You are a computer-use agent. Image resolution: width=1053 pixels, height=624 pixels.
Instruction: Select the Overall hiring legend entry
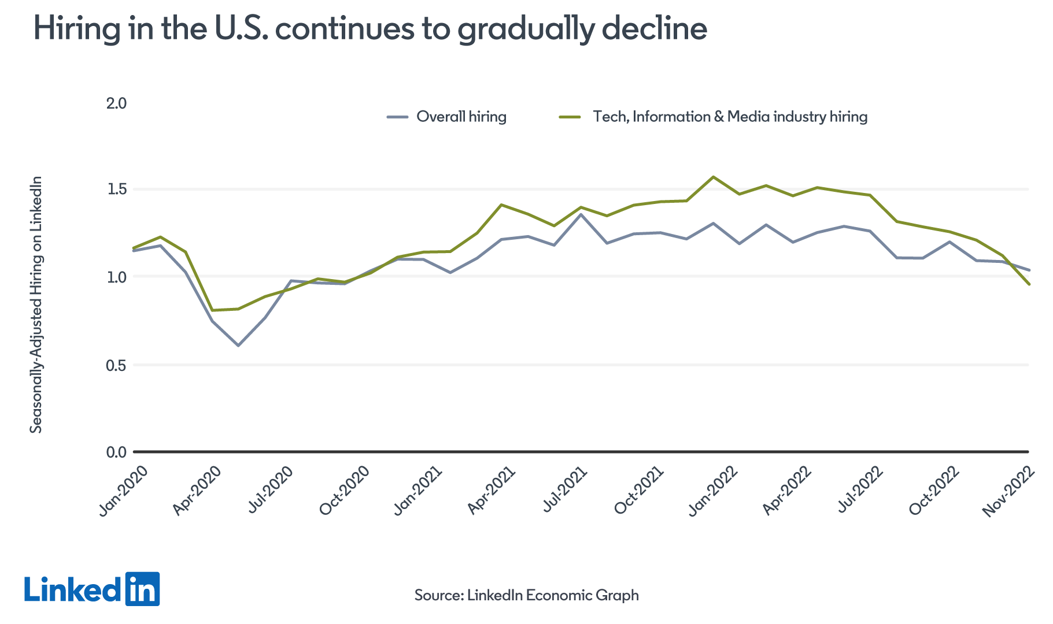click(x=461, y=117)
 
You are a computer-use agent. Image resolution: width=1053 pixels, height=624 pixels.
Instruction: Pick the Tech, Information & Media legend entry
click(x=729, y=117)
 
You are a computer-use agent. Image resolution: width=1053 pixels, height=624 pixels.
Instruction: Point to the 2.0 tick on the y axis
click(x=116, y=103)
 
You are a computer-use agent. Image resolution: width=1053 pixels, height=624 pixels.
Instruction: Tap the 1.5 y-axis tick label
click(x=116, y=190)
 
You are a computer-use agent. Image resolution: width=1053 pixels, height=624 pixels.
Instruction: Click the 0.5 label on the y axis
click(x=116, y=365)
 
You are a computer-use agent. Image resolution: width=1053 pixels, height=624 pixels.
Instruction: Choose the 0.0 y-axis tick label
click(x=116, y=452)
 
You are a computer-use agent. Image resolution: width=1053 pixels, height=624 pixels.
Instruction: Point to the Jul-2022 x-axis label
click(x=860, y=490)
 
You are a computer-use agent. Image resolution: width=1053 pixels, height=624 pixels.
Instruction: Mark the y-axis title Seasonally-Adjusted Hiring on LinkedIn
click(x=36, y=304)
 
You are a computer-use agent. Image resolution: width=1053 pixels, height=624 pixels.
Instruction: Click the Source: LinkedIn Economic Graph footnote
click(x=526, y=595)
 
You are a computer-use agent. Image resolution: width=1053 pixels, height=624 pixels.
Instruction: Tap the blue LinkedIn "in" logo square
click(x=142, y=589)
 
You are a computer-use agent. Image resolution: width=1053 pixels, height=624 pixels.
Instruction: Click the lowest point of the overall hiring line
click(x=238, y=346)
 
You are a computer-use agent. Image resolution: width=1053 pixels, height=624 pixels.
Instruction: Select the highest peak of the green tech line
click(x=713, y=177)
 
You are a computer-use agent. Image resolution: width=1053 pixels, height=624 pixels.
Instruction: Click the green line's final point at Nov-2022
click(x=1028, y=284)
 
